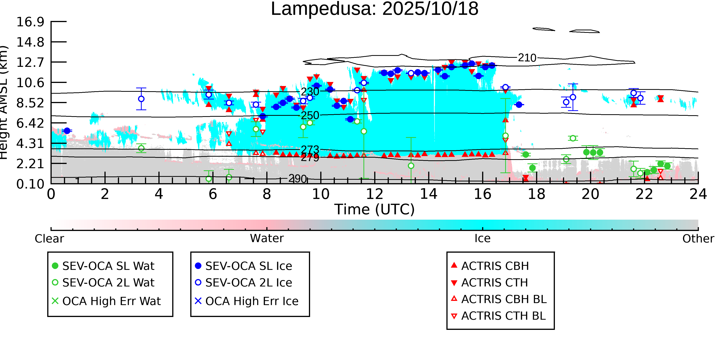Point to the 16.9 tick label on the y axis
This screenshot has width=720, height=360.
[30, 22]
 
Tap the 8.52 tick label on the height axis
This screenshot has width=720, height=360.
[30, 103]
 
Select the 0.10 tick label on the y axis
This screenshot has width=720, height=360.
[30, 184]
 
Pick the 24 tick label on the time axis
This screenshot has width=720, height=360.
[698, 194]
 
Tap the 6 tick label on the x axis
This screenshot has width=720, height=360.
[213, 194]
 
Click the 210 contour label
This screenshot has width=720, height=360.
[527, 58]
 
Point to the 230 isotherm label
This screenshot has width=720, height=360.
[310, 92]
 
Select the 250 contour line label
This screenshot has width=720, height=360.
[310, 115]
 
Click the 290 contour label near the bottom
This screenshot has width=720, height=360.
[298, 179]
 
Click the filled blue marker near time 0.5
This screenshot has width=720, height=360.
[67, 131]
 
